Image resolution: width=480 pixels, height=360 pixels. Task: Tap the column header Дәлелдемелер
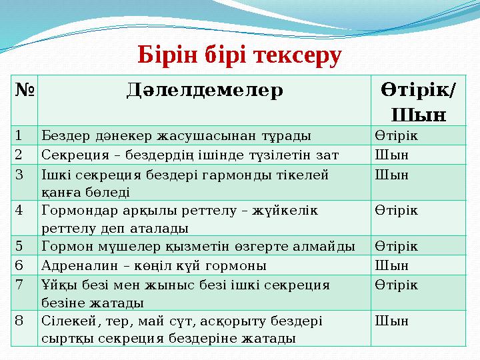point(205,89)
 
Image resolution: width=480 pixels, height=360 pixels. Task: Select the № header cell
point(24,89)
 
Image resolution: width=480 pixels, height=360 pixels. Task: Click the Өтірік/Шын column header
point(419,100)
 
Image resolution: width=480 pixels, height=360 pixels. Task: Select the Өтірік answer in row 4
point(397,211)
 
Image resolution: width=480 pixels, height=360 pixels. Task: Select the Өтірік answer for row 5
point(397,246)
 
